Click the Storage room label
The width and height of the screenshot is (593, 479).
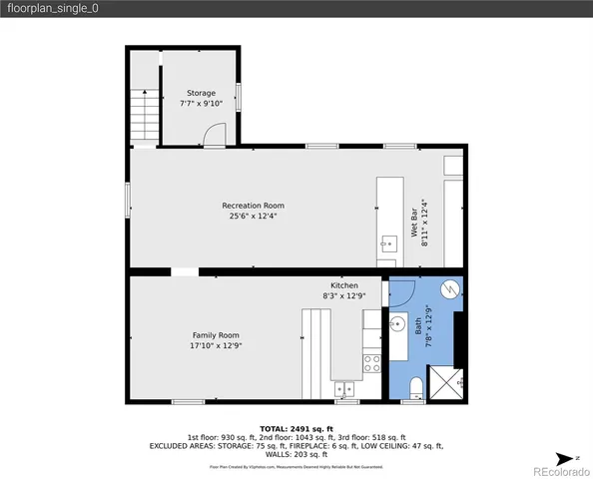click(x=201, y=93)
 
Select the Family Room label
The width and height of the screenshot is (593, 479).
click(x=217, y=334)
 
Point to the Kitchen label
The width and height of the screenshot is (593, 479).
click(x=344, y=285)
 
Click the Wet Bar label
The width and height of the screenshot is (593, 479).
click(x=413, y=242)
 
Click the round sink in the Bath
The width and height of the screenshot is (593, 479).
click(x=396, y=323)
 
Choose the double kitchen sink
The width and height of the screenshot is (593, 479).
click(x=345, y=387)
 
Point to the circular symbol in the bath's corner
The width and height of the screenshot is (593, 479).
click(x=450, y=289)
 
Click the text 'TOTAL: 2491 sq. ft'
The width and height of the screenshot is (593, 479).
click(x=296, y=427)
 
